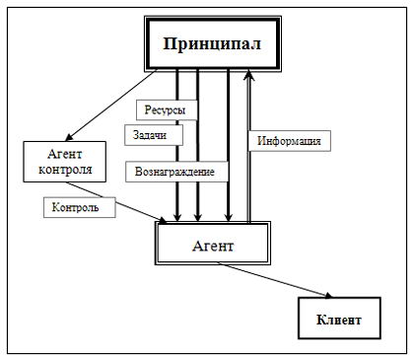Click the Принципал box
coord(213,43)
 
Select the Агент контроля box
coord(65,162)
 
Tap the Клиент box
coord(339,319)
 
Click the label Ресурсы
coord(167,109)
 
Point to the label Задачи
coord(154,135)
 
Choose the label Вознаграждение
coord(176,172)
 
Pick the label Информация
coord(289,141)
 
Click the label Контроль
coord(80,207)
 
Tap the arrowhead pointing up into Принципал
coord(249,75)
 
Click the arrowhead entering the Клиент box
coord(328,296)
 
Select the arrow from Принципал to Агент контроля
coord(111,106)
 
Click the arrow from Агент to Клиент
coord(274,280)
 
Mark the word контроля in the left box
coord(65,170)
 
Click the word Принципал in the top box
coord(212,43)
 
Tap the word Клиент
coord(339,320)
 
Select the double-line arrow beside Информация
coord(249,147)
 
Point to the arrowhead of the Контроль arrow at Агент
coord(163,220)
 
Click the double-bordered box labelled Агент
coord(213,244)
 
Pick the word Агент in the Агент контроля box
coord(65,154)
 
